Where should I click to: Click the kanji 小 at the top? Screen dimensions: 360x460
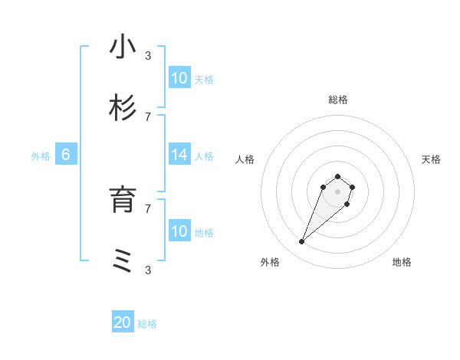(123, 47)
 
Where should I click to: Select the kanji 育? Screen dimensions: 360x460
(123, 200)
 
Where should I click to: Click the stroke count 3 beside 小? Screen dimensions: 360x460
(148, 55)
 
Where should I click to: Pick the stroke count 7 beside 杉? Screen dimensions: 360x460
(148, 116)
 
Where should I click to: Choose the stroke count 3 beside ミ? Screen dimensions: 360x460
(148, 270)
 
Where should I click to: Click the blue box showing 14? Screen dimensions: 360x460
(179, 155)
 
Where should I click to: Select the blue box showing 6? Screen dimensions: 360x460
(66, 155)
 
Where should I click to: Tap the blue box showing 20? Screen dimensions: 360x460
(123, 323)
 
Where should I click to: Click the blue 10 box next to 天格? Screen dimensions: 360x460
(179, 78)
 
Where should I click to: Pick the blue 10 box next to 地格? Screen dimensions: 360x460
(179, 231)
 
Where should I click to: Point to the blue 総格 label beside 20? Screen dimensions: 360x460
(147, 324)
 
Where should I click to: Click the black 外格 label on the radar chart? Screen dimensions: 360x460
(270, 262)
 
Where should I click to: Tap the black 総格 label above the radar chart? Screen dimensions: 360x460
(338, 100)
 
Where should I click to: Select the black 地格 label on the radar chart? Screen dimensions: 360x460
(402, 262)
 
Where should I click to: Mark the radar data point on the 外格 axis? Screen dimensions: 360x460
(302, 242)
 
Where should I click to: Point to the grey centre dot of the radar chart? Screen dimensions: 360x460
(338, 191)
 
